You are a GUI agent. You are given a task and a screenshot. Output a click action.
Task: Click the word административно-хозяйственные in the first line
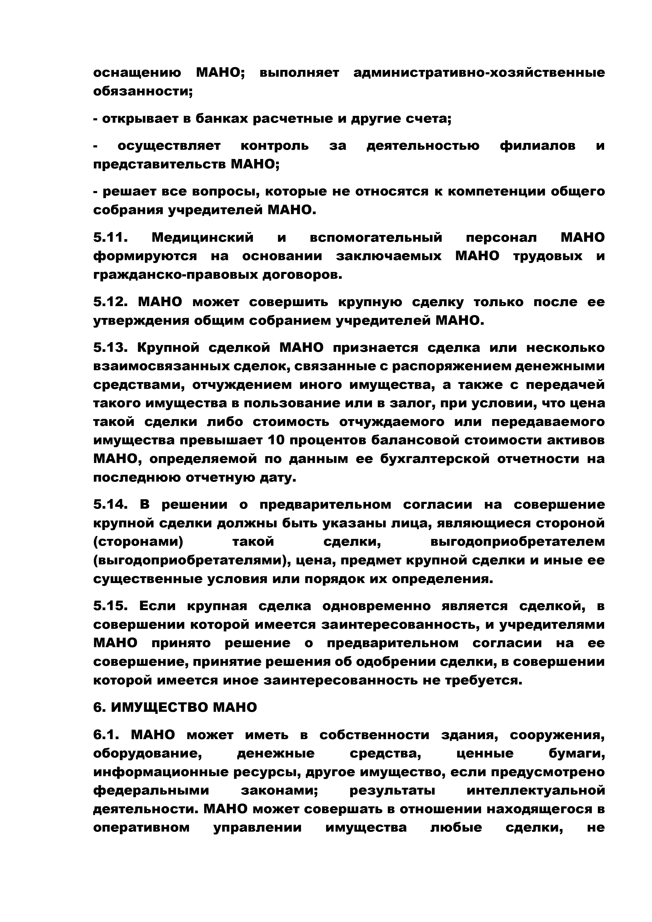click(x=479, y=73)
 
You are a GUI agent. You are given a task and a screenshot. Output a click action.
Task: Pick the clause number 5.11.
click(x=110, y=238)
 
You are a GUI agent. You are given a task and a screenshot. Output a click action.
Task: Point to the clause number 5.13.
click(x=110, y=348)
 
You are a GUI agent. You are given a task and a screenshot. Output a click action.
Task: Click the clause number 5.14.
click(x=110, y=505)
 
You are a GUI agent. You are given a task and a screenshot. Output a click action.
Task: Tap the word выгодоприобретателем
click(x=517, y=542)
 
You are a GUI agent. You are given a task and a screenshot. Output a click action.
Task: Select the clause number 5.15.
click(x=110, y=606)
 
